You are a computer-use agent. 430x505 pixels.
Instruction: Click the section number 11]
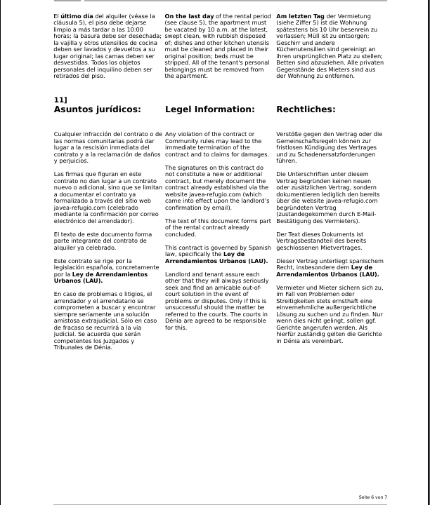click(x=60, y=100)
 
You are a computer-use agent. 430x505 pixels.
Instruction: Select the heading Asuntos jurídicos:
click(x=97, y=109)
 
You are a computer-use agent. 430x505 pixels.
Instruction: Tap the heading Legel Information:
click(x=209, y=109)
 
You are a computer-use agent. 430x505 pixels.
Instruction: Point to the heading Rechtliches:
click(x=306, y=109)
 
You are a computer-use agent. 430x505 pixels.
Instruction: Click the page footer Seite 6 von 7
click(x=372, y=497)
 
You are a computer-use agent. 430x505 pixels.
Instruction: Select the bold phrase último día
click(x=77, y=15)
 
